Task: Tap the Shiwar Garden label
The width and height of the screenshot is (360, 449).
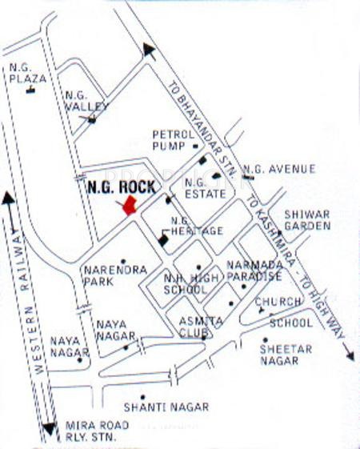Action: click(x=307, y=220)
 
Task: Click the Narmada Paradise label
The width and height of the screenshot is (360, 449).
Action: click(x=254, y=270)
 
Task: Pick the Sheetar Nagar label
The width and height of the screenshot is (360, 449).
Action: click(x=280, y=355)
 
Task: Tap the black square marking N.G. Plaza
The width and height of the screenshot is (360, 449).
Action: click(x=30, y=90)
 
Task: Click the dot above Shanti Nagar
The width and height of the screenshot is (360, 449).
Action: click(x=142, y=397)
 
